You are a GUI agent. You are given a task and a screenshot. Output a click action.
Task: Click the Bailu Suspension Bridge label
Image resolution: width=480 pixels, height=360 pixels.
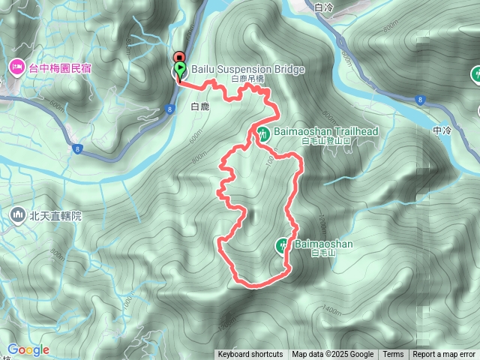(248, 70)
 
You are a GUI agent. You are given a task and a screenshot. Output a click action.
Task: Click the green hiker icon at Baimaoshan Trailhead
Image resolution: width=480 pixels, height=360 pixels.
(262, 133)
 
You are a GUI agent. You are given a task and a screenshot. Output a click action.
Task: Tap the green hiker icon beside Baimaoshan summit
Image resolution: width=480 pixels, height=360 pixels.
(283, 244)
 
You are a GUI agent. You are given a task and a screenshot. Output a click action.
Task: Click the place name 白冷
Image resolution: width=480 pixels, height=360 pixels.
(325, 7)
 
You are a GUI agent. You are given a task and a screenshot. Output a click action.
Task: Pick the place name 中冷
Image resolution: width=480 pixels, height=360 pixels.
(442, 130)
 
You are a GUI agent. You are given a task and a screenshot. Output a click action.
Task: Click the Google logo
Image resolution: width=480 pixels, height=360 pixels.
(28, 349)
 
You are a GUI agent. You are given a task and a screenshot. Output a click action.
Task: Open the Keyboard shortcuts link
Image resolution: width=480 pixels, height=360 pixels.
(250, 355)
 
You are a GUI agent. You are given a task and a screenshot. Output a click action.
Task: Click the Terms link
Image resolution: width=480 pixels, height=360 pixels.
(393, 355)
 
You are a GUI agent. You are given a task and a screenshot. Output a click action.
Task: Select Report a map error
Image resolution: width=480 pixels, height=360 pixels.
(444, 355)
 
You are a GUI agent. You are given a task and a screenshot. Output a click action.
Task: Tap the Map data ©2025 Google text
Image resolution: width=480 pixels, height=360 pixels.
(332, 355)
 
